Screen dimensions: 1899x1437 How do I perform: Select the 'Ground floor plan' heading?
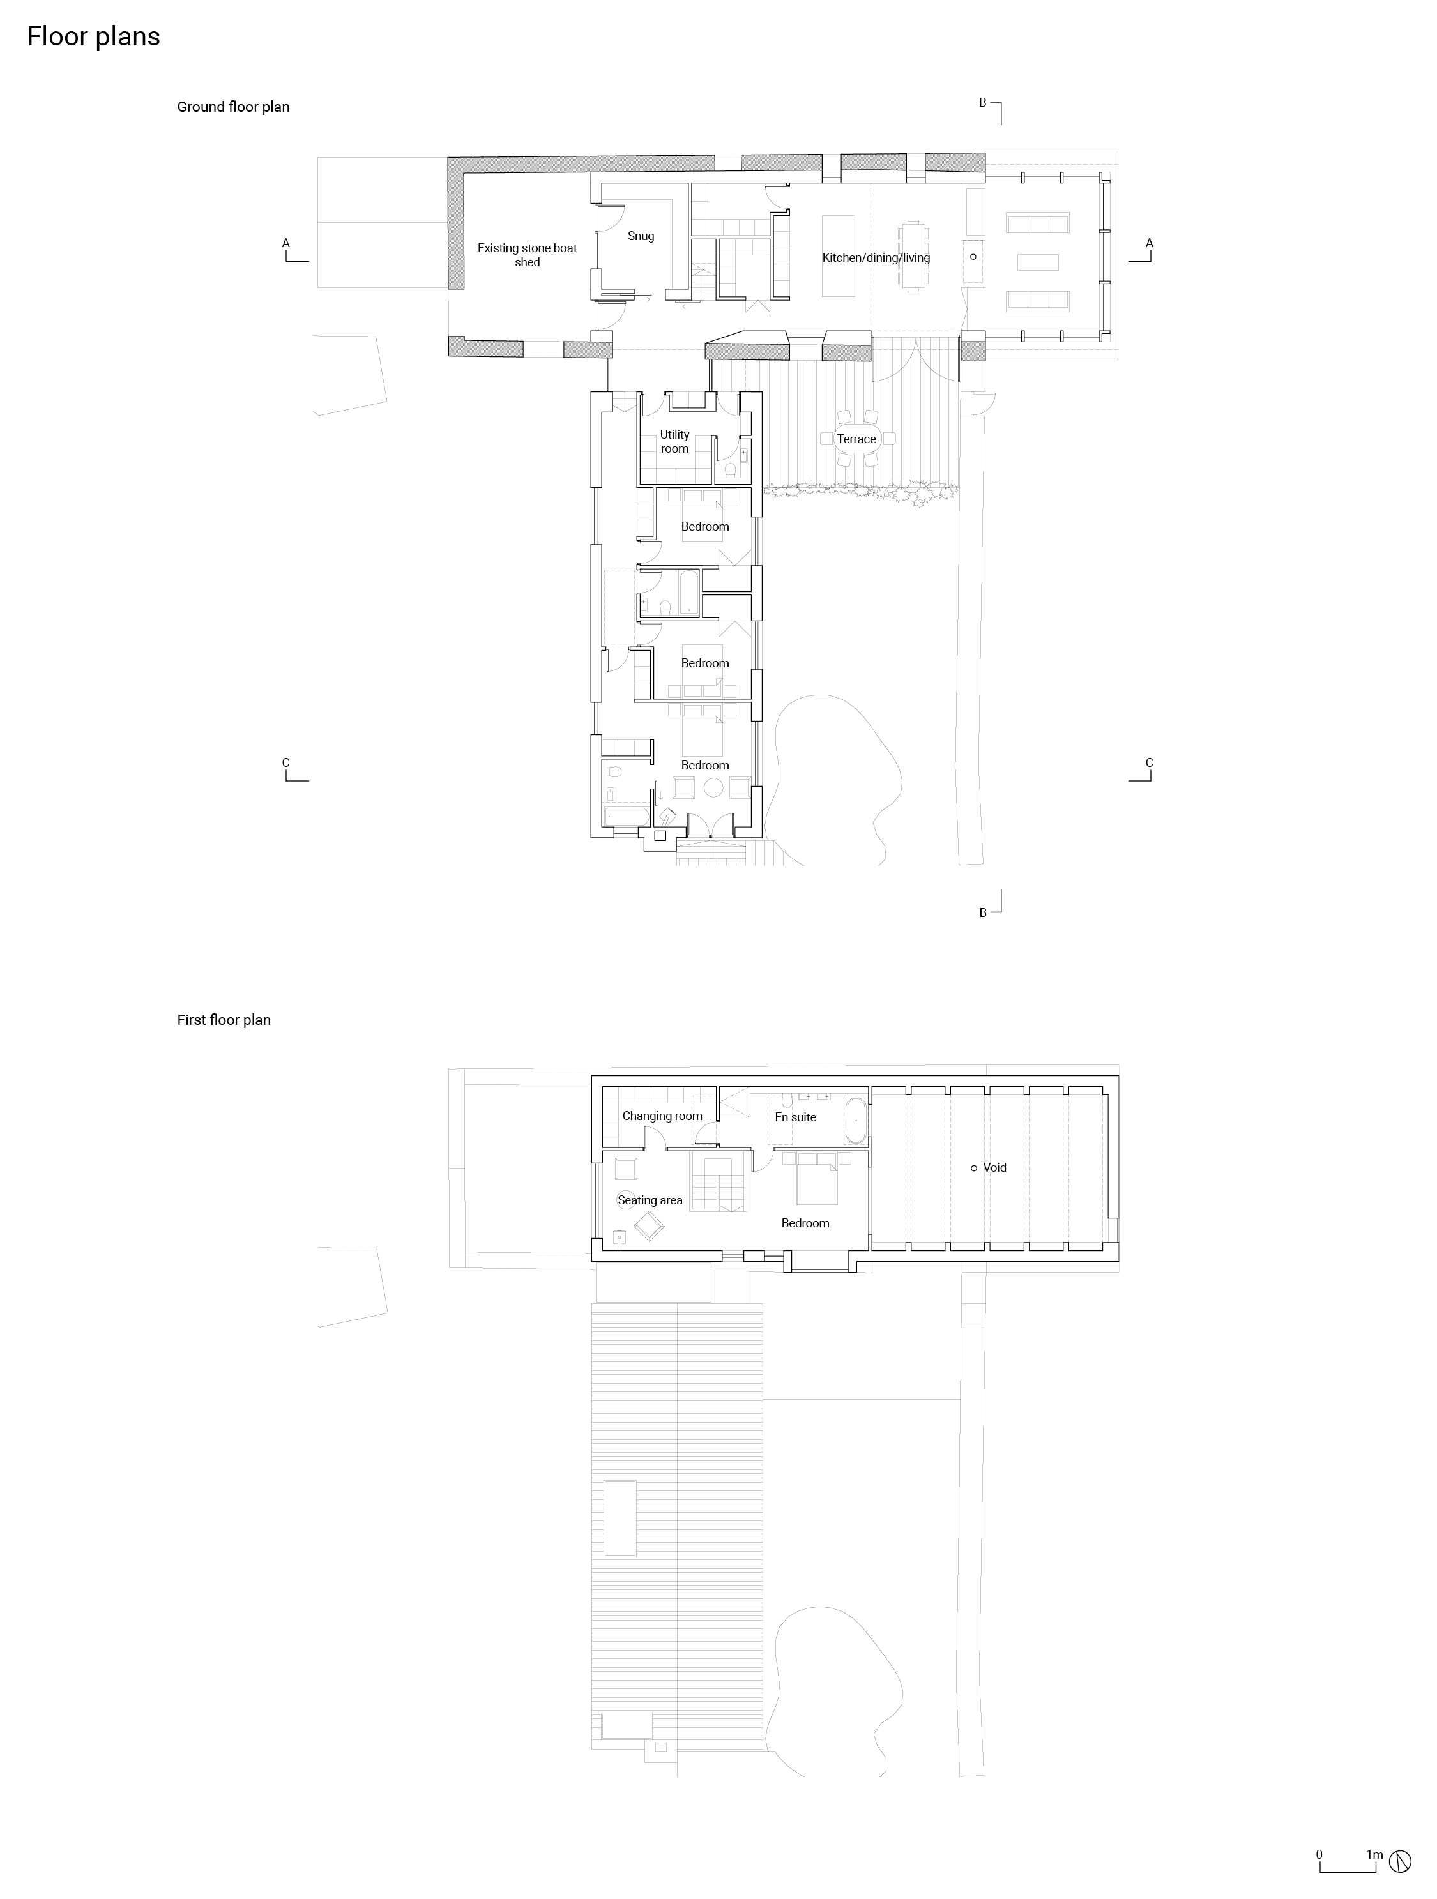tap(232, 107)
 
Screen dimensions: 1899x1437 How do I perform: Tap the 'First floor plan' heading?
tap(223, 1020)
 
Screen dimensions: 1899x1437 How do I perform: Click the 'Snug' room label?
tap(641, 236)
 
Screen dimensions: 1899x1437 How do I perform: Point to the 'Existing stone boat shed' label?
tap(527, 255)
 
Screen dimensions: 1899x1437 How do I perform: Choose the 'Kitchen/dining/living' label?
tap(876, 257)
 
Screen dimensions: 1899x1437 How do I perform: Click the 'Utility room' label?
tap(674, 441)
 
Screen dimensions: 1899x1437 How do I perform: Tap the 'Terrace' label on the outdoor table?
tap(856, 439)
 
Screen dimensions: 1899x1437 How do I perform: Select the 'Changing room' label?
tap(662, 1116)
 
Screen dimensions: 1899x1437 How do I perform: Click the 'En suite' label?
tap(795, 1117)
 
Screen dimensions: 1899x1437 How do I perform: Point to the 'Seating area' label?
tap(650, 1200)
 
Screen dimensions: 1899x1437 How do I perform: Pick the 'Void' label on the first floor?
tap(994, 1167)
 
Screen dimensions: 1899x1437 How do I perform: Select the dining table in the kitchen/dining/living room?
tap(911, 257)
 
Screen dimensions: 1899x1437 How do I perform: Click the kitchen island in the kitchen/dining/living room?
tap(840, 256)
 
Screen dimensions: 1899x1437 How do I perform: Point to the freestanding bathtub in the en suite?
tap(856, 1119)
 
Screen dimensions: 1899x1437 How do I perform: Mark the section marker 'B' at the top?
tap(983, 103)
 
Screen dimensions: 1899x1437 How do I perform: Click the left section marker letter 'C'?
tap(286, 762)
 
